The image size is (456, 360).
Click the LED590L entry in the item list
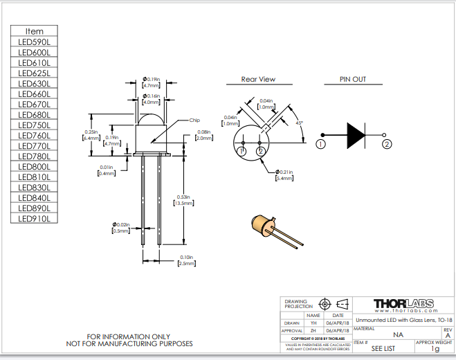pyautogui.click(x=34, y=42)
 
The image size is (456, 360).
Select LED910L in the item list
pyautogui.click(x=34, y=219)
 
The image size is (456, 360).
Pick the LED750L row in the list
pyautogui.click(x=34, y=125)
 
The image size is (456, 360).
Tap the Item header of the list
pyautogui.click(x=34, y=31)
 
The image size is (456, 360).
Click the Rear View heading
pyautogui.click(x=258, y=80)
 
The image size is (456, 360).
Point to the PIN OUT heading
pyautogui.click(x=352, y=80)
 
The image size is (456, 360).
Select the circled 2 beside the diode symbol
pyautogui.click(x=387, y=144)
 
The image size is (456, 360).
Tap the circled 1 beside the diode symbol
pyautogui.click(x=320, y=144)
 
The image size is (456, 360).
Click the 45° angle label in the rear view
pyautogui.click(x=299, y=123)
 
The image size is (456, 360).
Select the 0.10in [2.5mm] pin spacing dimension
pyautogui.click(x=186, y=261)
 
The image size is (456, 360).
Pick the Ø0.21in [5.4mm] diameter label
pyautogui.click(x=285, y=174)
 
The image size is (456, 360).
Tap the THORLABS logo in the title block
pyautogui.click(x=403, y=305)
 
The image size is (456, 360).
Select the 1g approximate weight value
pyautogui.click(x=435, y=349)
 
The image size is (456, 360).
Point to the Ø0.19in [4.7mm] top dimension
pyautogui.click(x=151, y=82)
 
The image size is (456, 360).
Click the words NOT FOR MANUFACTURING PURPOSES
pyautogui.click(x=129, y=343)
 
